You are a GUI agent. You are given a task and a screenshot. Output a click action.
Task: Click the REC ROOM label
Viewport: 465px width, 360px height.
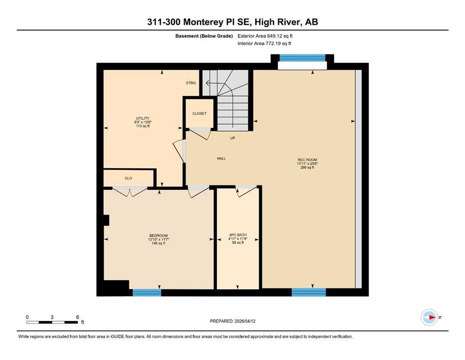click(307, 160)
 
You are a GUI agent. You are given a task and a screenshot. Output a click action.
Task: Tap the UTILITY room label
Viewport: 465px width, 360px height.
click(143, 118)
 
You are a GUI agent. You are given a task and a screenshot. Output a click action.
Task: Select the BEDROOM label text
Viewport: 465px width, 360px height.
click(158, 236)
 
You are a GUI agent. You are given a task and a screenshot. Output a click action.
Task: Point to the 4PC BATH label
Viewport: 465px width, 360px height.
click(238, 235)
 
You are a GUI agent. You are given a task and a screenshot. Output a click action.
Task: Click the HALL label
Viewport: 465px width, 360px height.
click(221, 158)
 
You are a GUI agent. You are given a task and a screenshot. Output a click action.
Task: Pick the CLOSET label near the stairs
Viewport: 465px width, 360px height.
click(199, 113)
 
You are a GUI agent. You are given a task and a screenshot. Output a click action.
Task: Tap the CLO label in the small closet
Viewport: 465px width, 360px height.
click(128, 178)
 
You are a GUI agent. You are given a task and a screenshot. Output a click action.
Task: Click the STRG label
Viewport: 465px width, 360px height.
click(191, 83)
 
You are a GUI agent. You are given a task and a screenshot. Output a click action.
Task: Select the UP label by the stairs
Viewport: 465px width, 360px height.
click(232, 138)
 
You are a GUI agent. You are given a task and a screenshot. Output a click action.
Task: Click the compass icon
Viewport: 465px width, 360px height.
click(429, 317)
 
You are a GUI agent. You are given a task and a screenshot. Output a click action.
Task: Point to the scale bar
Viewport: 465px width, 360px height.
click(52, 322)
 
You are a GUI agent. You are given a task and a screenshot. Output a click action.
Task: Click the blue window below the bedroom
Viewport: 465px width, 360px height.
click(147, 292)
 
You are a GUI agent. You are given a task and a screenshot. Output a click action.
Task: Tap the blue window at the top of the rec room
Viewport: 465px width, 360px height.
click(303, 58)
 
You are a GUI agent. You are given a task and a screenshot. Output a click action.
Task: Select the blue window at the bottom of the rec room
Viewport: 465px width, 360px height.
click(309, 292)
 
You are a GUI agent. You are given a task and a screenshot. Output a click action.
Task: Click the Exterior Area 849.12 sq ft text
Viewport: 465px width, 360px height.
click(265, 36)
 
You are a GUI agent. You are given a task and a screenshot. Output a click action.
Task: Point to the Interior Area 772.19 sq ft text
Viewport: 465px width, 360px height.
click(264, 43)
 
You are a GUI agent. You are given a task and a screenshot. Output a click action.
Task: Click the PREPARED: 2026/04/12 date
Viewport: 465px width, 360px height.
click(232, 321)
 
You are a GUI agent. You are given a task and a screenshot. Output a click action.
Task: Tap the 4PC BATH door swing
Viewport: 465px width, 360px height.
click(246, 191)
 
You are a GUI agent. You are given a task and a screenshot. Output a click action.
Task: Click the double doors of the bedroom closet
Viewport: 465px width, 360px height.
click(130, 191)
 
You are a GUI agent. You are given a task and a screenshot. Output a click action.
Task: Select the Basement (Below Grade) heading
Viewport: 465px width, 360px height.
click(204, 36)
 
